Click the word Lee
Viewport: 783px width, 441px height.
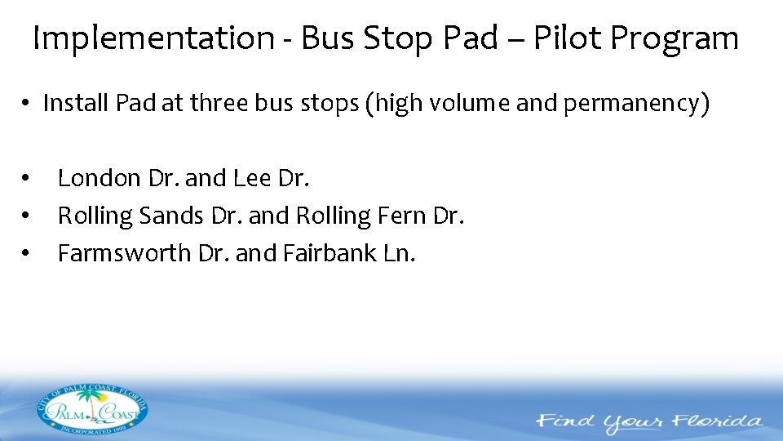tap(251, 177)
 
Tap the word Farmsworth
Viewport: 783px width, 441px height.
tap(125, 253)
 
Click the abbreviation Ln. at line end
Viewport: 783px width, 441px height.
tap(398, 253)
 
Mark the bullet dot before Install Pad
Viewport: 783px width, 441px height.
tap(26, 105)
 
